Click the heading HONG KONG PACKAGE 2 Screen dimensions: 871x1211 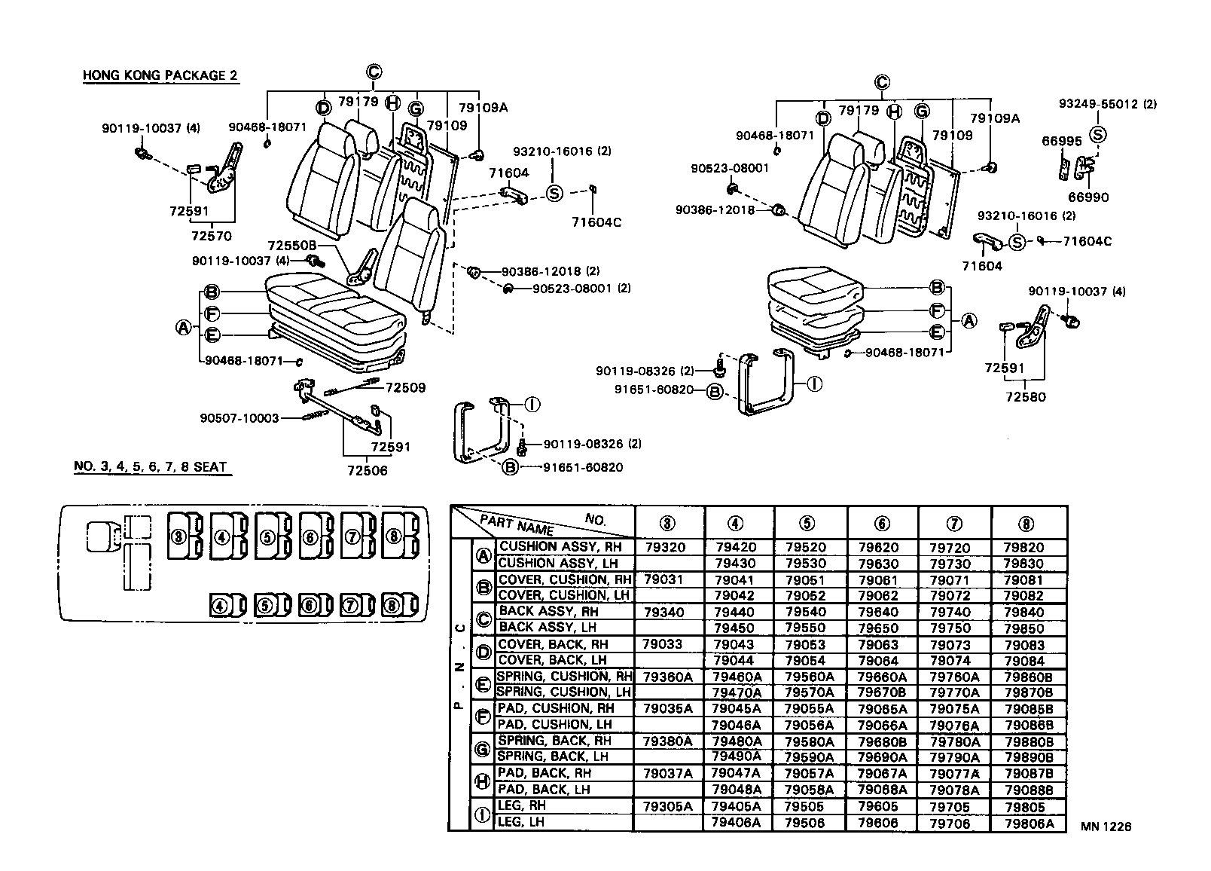tap(160, 75)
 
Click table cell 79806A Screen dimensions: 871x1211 tap(1029, 824)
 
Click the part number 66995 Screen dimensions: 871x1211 tap(1062, 141)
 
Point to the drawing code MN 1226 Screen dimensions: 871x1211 tap(1106, 827)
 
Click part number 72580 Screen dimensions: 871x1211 tap(1026, 397)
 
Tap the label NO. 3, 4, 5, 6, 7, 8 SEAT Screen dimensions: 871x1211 tap(150, 466)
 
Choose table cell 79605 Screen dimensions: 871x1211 tap(878, 806)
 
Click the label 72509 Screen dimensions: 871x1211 tap(405, 388)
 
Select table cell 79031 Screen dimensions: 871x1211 tap(663, 579)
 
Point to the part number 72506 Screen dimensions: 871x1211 tap(368, 471)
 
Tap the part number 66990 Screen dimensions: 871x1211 tap(1088, 197)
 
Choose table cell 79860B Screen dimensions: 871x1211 tap(1029, 677)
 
